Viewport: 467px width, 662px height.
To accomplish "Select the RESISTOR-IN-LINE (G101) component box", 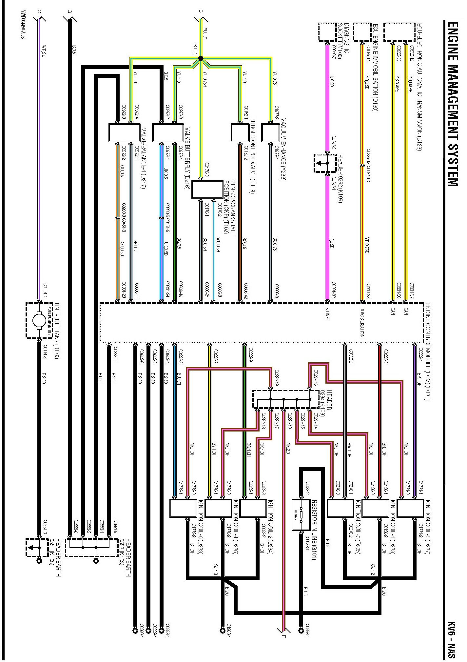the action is [301, 515].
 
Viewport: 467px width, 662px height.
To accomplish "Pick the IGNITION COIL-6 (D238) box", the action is [183, 508].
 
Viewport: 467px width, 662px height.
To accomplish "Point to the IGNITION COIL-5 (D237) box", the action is [410, 508].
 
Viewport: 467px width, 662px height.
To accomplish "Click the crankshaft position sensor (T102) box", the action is [207, 189].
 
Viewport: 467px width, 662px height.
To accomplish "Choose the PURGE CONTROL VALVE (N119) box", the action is [240, 132].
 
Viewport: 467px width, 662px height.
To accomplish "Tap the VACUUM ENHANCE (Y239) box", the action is [270, 132].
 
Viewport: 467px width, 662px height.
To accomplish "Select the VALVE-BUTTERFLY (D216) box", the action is [168, 132].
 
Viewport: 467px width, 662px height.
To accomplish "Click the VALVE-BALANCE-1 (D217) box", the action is [124, 132].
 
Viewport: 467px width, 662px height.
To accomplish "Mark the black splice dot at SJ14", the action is [201, 58].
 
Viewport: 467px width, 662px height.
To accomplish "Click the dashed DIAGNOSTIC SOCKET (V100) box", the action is [327, 32].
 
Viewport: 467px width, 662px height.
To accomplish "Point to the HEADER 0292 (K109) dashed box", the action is [325, 163].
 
